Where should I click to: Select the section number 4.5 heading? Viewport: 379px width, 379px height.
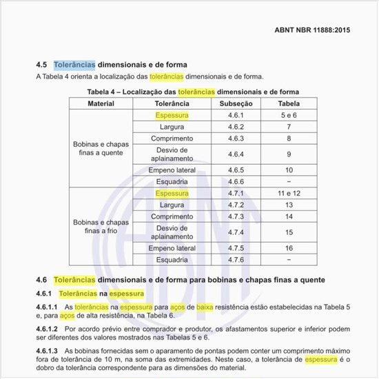tap(41, 65)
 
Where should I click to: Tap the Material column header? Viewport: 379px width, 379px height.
tap(101, 103)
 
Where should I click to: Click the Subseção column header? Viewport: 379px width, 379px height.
tap(236, 103)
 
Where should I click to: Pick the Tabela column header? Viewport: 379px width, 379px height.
tap(289, 103)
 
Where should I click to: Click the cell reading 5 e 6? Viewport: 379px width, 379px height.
tap(289, 115)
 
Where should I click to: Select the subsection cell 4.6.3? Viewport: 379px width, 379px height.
tap(236, 139)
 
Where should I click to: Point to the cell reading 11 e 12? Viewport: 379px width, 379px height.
tap(289, 194)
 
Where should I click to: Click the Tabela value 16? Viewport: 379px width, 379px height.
tap(289, 248)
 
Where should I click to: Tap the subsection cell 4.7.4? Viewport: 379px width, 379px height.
tap(236, 232)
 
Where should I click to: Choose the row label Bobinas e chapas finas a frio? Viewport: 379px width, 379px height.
tap(101, 227)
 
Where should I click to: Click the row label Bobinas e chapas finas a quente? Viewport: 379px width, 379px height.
tap(101, 148)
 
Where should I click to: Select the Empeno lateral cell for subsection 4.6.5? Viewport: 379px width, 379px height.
tap(172, 170)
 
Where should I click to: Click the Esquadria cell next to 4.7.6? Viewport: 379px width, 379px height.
tap(172, 260)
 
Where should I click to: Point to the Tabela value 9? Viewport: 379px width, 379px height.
tap(289, 154)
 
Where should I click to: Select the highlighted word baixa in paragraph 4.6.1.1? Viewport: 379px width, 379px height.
tap(204, 306)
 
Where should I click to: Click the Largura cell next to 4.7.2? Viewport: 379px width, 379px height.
tap(172, 205)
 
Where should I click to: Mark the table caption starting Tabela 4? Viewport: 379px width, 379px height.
tap(194, 91)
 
